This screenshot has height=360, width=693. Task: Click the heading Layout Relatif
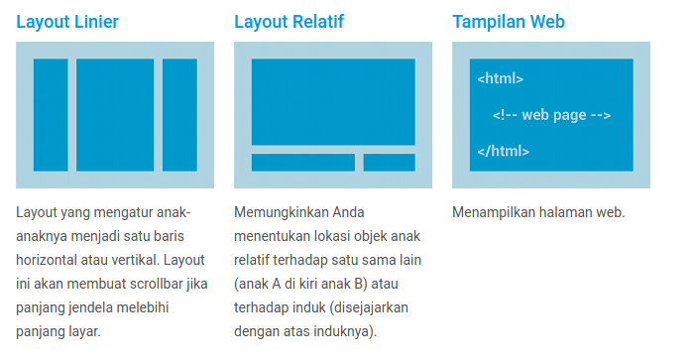[289, 21]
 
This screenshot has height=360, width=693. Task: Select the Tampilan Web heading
[509, 21]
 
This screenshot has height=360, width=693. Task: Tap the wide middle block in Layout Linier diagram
[115, 114]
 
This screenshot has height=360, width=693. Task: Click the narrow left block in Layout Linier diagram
[51, 114]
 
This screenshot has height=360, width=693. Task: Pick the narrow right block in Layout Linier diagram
[179, 114]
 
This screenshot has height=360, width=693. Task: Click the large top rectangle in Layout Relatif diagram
[333, 102]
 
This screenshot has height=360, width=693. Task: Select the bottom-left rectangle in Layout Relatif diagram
[302, 163]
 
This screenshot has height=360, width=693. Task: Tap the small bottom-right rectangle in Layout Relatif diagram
[389, 163]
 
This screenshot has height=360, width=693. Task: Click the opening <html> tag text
[500, 79]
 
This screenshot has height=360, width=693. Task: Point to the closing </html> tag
[503, 152]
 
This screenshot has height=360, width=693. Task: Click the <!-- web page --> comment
[551, 115]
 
